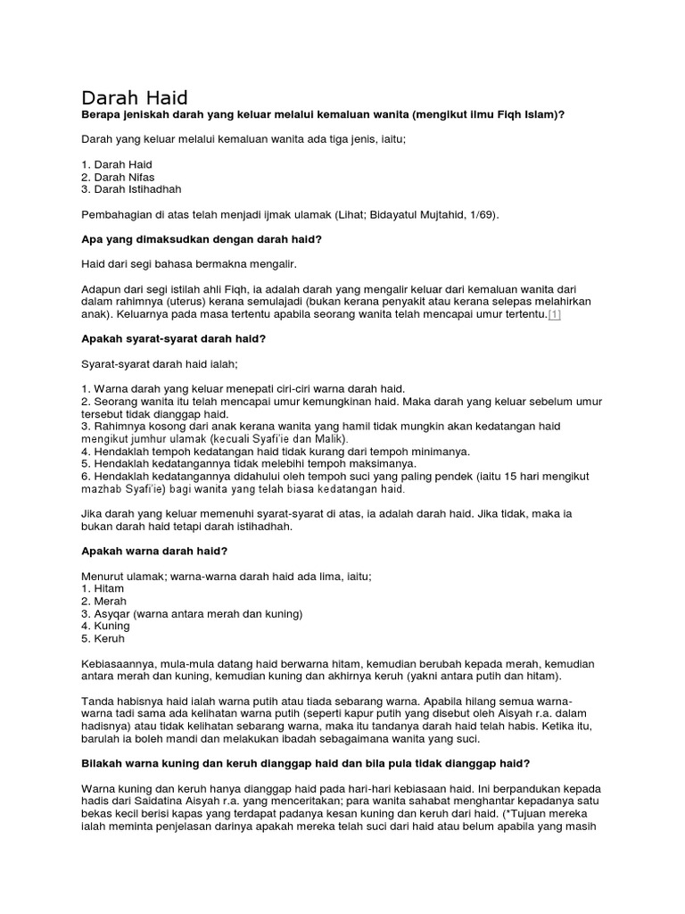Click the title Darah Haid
click(x=135, y=97)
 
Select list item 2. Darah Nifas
click(x=119, y=177)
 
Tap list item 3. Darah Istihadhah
click(x=132, y=189)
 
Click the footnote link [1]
click(x=554, y=315)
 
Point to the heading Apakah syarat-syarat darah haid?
click(x=174, y=339)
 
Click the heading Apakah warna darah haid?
click(x=155, y=552)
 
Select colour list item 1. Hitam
click(x=103, y=589)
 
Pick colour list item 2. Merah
click(x=104, y=602)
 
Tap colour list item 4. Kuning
click(x=106, y=627)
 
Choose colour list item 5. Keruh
click(x=103, y=639)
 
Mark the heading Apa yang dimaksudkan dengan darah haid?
click(x=202, y=240)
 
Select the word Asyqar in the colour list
click(x=113, y=614)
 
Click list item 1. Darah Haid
click(x=117, y=164)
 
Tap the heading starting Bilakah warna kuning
click(x=306, y=763)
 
